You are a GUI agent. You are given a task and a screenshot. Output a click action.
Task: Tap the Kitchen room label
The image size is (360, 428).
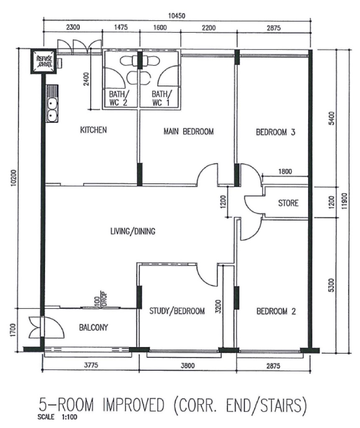(94, 130)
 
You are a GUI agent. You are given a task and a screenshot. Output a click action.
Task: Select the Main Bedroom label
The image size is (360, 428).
(188, 132)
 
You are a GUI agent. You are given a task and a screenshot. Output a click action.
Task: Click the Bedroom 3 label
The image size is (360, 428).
(276, 133)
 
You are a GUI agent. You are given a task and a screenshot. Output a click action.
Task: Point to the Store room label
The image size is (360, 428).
(288, 203)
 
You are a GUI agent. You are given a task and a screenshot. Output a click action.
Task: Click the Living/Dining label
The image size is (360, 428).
(133, 231)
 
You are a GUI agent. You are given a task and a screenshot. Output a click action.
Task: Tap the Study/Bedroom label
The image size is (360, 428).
(177, 311)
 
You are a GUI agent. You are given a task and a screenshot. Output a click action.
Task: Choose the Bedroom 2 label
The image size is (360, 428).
(276, 311)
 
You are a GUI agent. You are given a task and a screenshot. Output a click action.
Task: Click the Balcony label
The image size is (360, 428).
(94, 328)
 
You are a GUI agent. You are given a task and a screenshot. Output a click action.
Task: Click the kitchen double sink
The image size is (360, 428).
(53, 108)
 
